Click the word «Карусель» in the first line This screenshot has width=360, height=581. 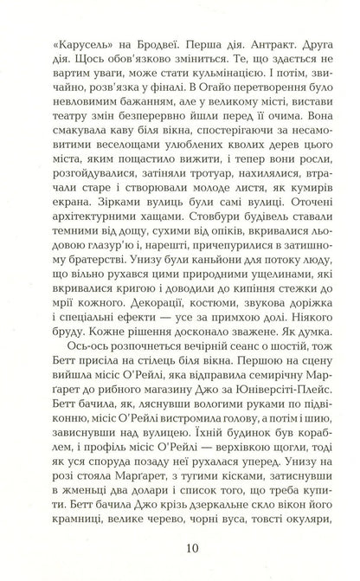[79, 42]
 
